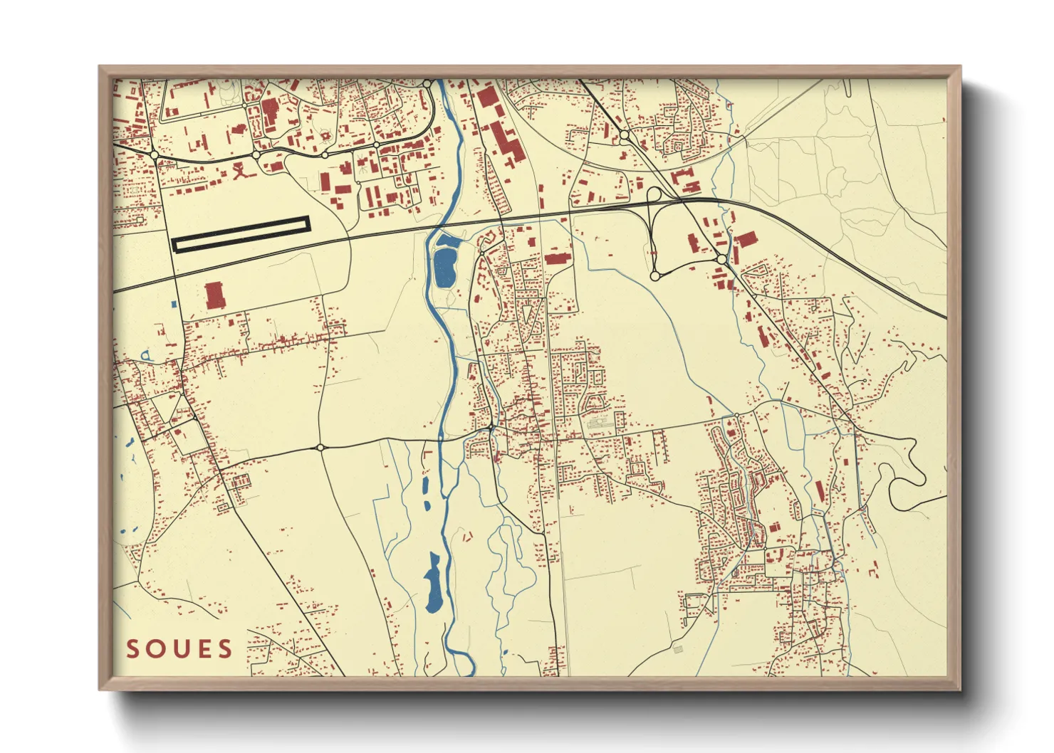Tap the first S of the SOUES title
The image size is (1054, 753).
(x=132, y=649)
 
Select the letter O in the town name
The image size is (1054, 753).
(x=155, y=649)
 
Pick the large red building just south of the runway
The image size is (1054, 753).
(x=214, y=295)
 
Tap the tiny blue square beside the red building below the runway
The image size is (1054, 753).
(x=174, y=304)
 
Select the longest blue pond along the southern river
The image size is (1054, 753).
(x=433, y=584)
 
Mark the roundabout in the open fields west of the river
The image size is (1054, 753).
(x=320, y=448)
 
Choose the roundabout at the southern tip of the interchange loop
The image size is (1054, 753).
(x=654, y=275)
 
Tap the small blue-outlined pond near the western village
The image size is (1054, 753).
(x=146, y=354)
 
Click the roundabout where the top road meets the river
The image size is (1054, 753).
(x=427, y=84)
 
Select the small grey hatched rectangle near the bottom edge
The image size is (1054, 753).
(x=677, y=649)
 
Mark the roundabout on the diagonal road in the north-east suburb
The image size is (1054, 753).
(x=624, y=135)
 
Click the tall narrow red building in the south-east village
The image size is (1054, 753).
(x=819, y=490)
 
